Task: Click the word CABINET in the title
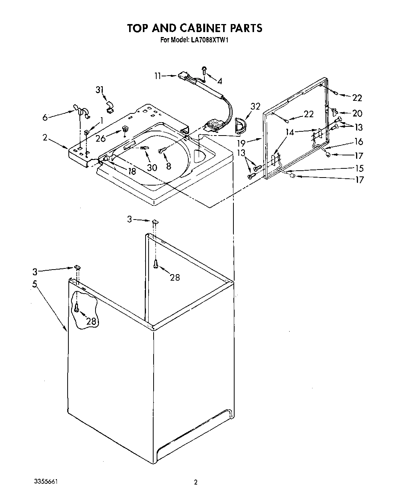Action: [x=194, y=28]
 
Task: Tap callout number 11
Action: [x=158, y=76]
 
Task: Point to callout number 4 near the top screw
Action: [x=220, y=81]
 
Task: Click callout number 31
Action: [x=100, y=90]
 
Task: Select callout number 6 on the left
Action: [x=45, y=118]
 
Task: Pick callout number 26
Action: [x=100, y=139]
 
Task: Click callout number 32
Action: [x=256, y=107]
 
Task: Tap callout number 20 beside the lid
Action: [x=357, y=113]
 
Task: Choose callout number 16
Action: [x=358, y=142]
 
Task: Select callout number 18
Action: [x=132, y=171]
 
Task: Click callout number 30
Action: [x=152, y=167]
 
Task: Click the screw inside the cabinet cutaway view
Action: [x=76, y=307]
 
